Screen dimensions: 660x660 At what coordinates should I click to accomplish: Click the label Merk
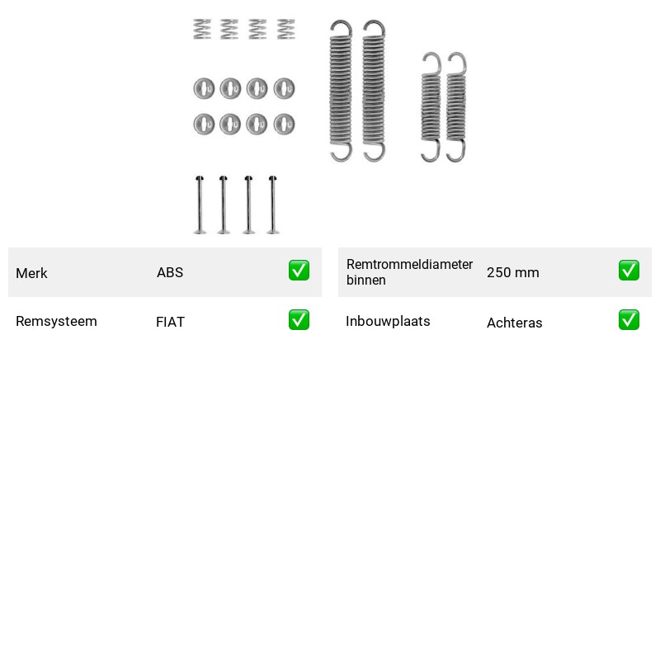click(x=31, y=273)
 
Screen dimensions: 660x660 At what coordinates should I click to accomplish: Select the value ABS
click(x=170, y=273)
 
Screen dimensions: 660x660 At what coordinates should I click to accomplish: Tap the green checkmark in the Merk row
click(x=299, y=271)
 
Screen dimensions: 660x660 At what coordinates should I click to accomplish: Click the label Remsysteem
click(x=56, y=322)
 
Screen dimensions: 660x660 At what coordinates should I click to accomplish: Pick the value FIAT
click(x=170, y=322)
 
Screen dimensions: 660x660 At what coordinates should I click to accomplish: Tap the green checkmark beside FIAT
click(x=299, y=320)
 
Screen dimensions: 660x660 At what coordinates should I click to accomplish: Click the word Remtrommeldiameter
click(x=409, y=265)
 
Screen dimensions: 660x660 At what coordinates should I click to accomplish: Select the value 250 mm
click(x=512, y=273)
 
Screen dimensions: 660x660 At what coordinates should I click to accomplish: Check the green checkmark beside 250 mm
click(x=629, y=271)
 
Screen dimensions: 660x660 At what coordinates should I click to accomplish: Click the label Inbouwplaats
click(x=388, y=322)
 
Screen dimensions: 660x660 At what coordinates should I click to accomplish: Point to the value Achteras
click(x=514, y=323)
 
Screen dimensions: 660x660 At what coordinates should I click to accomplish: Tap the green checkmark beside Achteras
click(x=629, y=320)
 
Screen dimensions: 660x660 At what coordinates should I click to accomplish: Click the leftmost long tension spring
click(x=341, y=91)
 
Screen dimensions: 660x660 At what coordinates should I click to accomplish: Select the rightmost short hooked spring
click(x=456, y=106)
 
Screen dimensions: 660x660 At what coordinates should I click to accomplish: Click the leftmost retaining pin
click(x=200, y=205)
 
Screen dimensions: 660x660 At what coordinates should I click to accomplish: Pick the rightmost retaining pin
click(x=273, y=205)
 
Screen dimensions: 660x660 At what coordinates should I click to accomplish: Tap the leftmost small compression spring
click(x=202, y=29)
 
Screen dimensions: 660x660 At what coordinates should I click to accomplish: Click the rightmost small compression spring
click(x=285, y=29)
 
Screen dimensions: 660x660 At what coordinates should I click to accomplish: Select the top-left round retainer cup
click(x=204, y=88)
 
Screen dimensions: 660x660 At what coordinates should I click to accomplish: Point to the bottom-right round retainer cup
click(x=284, y=125)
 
